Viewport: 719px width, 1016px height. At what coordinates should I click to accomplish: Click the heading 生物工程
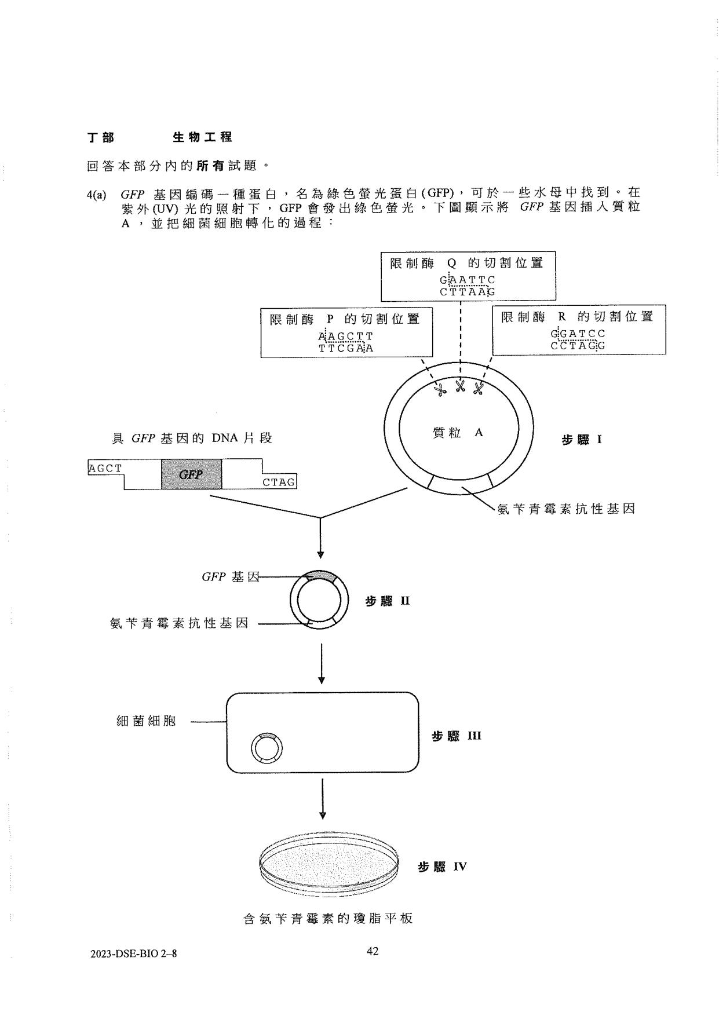202,137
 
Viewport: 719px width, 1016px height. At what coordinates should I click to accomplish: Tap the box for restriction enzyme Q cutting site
468,275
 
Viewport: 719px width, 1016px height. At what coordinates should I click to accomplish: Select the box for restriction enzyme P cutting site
346,333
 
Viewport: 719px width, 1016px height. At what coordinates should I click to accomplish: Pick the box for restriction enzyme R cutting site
578,330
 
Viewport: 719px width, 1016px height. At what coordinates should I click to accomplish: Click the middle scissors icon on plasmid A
461,386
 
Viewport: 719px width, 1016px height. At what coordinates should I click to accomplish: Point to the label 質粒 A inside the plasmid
458,432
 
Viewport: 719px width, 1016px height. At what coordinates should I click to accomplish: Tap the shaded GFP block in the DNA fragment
191,474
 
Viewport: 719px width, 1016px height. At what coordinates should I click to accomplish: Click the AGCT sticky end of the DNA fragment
105,468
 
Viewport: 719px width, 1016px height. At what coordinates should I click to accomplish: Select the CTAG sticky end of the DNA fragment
279,482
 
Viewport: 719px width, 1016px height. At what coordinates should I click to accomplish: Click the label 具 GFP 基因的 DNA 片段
192,438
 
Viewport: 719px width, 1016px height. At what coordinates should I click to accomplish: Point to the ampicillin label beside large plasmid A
566,509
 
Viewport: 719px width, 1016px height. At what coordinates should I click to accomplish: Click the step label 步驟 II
387,601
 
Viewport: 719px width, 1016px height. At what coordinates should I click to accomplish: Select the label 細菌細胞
146,721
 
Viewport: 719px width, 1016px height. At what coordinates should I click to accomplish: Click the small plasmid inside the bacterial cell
267,747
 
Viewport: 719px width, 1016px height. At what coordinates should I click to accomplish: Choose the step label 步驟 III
456,736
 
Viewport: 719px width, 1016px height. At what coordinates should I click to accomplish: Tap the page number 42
373,951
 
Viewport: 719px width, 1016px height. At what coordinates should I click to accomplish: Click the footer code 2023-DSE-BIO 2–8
133,953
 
